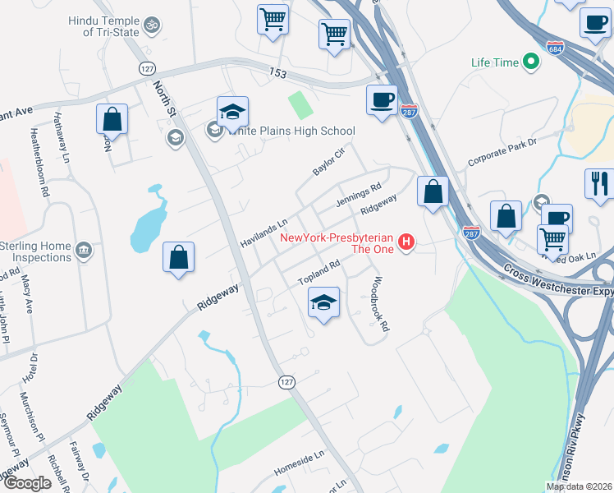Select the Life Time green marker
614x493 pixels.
pyautogui.click(x=531, y=62)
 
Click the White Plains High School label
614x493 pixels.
pyautogui.click(x=291, y=131)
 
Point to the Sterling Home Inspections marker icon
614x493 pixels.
pyautogui.click(x=82, y=250)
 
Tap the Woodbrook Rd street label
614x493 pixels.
pyautogui.click(x=378, y=302)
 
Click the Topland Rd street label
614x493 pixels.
pyautogui.click(x=318, y=274)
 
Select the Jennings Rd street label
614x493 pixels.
pyautogui.click(x=359, y=196)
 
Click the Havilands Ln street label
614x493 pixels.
pyautogui.click(x=264, y=233)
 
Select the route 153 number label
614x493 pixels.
pyautogui.click(x=278, y=74)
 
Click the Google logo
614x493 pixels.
pyautogui.click(x=27, y=483)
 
